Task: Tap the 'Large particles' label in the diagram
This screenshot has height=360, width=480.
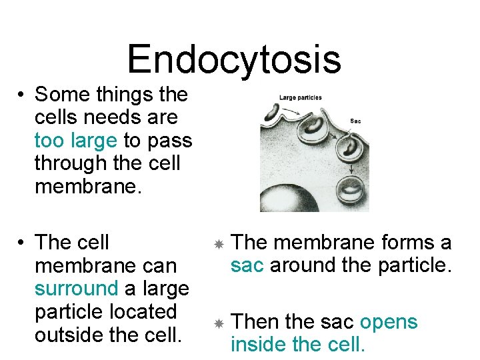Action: point(300,97)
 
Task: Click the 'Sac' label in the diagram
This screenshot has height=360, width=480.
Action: point(355,121)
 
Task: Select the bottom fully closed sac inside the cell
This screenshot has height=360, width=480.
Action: point(351,191)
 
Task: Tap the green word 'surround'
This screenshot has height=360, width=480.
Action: point(76,289)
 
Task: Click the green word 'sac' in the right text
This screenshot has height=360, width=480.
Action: point(247,265)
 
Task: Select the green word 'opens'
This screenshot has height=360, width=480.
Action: point(389,322)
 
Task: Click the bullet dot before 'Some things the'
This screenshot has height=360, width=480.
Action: point(22,95)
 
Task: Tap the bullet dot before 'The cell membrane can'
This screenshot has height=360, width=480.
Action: point(22,243)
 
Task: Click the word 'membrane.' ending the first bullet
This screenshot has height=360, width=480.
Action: point(89,187)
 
